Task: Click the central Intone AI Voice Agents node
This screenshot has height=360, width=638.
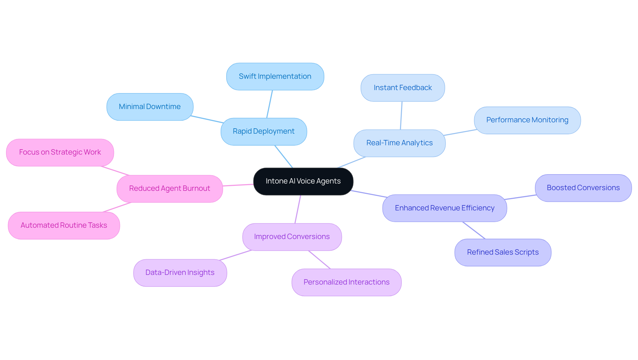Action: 303,181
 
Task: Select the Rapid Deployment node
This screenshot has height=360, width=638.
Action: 264,131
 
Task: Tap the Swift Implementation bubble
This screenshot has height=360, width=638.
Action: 275,76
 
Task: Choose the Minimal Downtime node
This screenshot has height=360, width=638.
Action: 150,107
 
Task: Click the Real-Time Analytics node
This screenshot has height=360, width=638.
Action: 399,143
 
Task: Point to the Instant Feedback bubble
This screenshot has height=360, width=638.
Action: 402,88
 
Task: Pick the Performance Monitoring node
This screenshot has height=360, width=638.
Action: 527,120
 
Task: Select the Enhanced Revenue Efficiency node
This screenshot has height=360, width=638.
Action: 444,208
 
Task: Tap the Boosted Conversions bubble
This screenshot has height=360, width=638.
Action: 583,188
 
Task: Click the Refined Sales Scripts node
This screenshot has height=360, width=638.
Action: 502,252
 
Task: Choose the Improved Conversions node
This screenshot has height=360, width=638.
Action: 292,237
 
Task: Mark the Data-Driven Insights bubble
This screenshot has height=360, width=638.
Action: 180,273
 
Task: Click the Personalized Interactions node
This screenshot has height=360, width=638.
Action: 346,282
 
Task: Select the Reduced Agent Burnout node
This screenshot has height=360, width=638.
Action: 169,188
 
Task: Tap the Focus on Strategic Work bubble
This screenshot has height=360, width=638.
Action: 60,152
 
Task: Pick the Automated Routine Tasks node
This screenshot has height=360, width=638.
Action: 64,225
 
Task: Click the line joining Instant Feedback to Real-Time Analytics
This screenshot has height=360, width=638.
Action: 401,115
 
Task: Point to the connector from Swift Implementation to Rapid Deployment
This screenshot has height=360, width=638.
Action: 269,104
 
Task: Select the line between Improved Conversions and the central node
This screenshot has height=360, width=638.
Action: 298,209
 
